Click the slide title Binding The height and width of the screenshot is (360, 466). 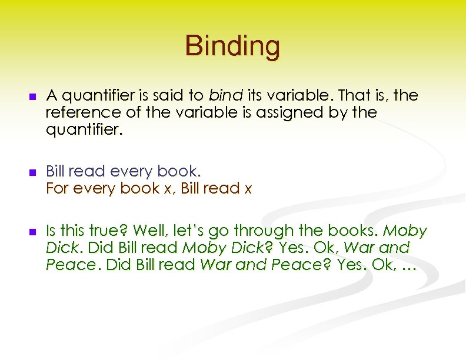tap(232, 46)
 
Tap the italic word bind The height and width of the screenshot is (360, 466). tap(223, 95)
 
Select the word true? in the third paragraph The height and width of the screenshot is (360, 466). tap(108, 231)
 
